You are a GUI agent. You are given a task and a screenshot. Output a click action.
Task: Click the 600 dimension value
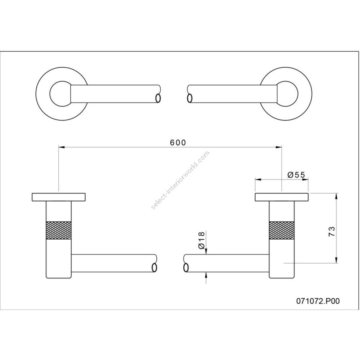coord(178,142)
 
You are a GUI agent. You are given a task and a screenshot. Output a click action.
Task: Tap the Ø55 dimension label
coord(296,175)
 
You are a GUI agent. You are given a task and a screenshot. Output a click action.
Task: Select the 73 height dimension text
coord(332,232)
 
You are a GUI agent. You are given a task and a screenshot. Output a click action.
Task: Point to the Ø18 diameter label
coord(201,240)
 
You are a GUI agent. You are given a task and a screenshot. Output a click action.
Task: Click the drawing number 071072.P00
coord(318,301)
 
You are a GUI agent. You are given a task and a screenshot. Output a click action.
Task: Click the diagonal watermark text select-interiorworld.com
coord(180,180)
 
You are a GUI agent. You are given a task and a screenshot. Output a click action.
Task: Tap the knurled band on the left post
coord(59,230)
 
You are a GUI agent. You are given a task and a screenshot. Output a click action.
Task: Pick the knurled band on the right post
coord(282,230)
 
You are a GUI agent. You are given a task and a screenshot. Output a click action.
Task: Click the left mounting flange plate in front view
coord(59,197)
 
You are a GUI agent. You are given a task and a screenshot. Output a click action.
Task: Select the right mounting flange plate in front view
coord(282,197)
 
